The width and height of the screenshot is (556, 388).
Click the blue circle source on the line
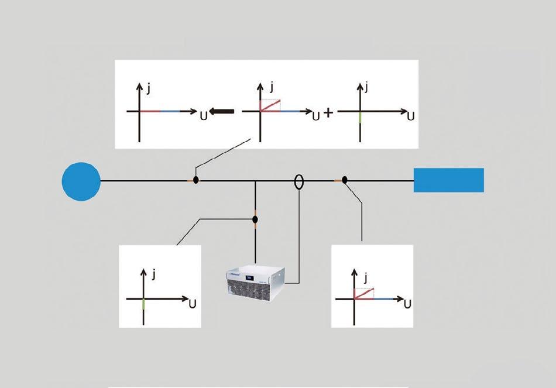coord(81,181)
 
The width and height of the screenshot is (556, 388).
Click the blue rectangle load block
coord(448,180)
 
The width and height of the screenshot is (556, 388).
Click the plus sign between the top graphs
coord(328,113)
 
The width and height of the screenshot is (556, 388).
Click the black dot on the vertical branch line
coord(255,219)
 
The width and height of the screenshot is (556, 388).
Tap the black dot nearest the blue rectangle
coord(345,181)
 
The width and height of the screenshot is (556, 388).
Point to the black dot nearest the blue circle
coord(196,180)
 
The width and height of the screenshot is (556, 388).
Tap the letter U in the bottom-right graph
coord(407,304)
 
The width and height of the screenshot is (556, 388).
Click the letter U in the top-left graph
coord(203,116)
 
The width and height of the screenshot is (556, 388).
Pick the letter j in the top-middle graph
coord(272,88)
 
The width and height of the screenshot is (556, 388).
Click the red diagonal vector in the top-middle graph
coord(270,105)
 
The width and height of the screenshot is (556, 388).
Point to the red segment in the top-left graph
coord(150,111)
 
